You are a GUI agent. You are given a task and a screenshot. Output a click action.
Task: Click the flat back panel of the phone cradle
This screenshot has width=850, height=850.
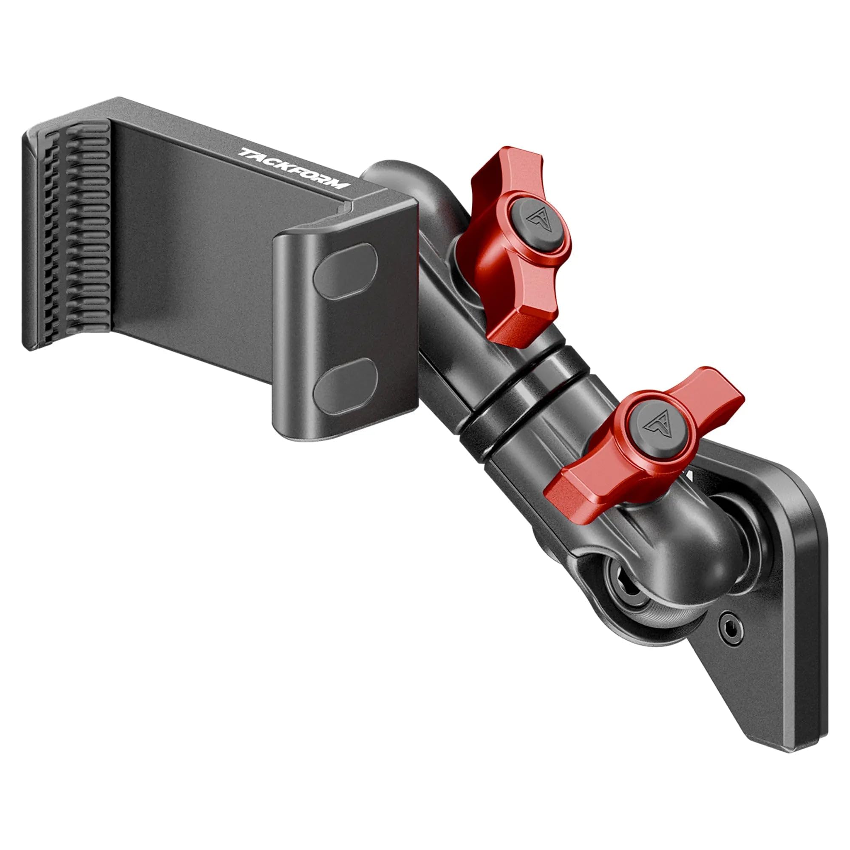tap(193, 246)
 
